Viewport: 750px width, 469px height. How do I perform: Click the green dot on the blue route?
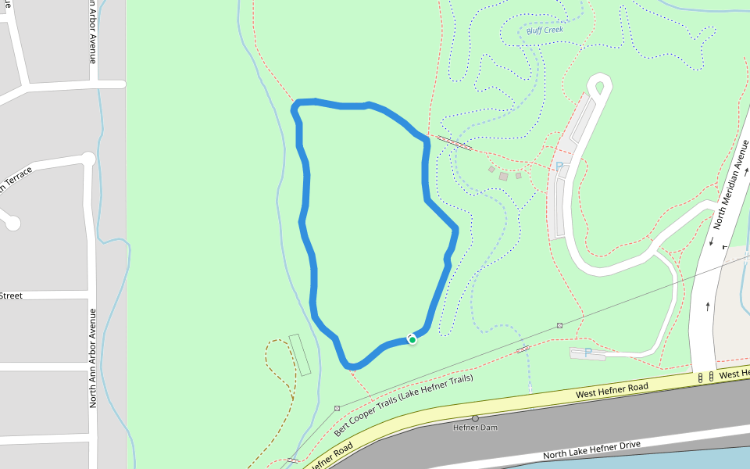pyautogui.click(x=412, y=339)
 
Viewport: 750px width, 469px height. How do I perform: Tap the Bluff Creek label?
pyautogui.click(x=545, y=30)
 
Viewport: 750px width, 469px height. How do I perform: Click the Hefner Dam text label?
pyautogui.click(x=475, y=428)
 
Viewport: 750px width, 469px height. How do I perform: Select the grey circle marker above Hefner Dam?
pyautogui.click(x=475, y=418)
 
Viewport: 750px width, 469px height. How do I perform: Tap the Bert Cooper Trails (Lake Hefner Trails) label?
pyautogui.click(x=404, y=406)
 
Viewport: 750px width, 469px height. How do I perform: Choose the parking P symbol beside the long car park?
pyautogui.click(x=559, y=166)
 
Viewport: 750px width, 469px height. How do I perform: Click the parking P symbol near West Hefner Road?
pyautogui.click(x=588, y=353)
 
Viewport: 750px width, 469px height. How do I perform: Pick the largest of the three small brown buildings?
pyautogui.click(x=504, y=177)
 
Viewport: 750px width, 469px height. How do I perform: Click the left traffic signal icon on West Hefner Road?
pyautogui.click(x=701, y=377)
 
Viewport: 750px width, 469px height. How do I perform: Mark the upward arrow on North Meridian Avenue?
pyautogui.click(x=708, y=306)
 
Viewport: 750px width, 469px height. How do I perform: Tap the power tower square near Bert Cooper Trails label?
pyautogui.click(x=337, y=408)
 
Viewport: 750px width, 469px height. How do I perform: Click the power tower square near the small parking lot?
pyautogui.click(x=560, y=325)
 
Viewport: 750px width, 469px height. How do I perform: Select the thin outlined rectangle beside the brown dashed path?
pyautogui.click(x=300, y=354)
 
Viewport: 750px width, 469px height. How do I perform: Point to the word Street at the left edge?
pyautogui.click(x=11, y=295)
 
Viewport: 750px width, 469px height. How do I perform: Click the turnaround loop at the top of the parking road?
pyautogui.click(x=600, y=86)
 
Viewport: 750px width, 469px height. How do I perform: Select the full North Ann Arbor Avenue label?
pyautogui.click(x=92, y=358)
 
